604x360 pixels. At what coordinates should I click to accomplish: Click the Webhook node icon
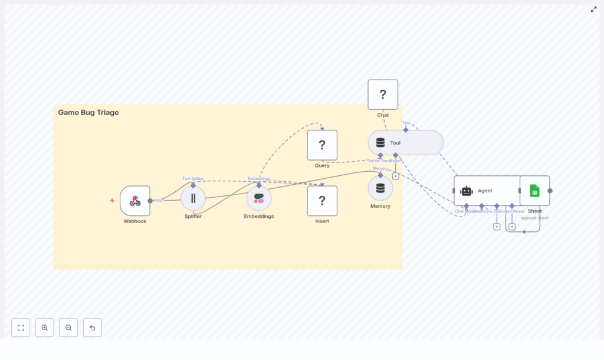[x=135, y=201]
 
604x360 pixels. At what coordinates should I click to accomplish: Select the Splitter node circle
[x=193, y=198]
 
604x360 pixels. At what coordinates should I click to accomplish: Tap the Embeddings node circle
[x=259, y=198]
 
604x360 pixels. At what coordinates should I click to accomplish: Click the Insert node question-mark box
[x=322, y=201]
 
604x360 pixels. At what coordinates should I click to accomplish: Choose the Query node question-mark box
[x=322, y=145]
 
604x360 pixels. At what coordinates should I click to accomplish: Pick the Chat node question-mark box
[x=383, y=94]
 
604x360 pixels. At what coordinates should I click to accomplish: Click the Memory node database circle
[x=380, y=188]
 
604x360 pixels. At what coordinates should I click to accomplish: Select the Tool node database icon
[x=380, y=143]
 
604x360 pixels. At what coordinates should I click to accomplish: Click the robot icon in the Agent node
[x=467, y=191]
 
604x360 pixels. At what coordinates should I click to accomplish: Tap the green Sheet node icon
[x=534, y=191]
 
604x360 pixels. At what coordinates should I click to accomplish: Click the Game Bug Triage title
[x=88, y=113]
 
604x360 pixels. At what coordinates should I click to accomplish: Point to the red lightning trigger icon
[x=112, y=201]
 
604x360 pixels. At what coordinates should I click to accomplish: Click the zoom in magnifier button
[x=45, y=328]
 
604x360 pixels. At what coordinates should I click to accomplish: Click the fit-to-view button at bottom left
[x=21, y=328]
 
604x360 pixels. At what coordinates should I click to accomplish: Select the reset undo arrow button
[x=92, y=328]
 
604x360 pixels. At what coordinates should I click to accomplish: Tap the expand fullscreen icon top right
[x=594, y=9]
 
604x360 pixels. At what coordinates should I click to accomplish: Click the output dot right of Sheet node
[x=550, y=191]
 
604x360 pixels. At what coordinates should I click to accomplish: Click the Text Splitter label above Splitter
[x=193, y=178]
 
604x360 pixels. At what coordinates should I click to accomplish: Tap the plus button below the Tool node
[x=395, y=176]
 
